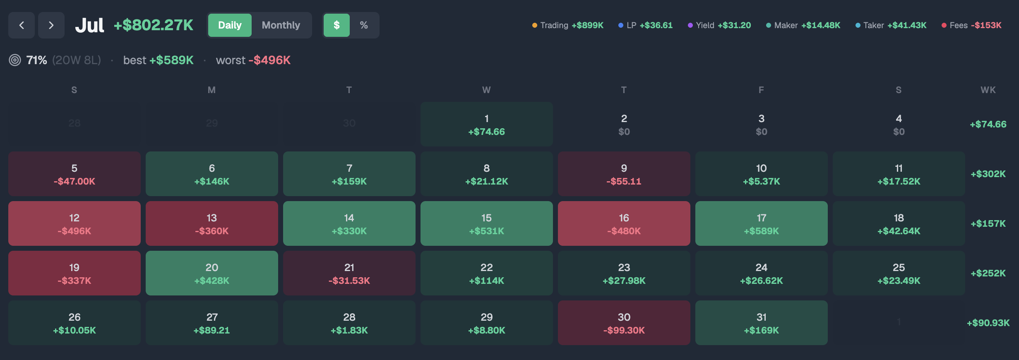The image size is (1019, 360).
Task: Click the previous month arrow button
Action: point(22,25)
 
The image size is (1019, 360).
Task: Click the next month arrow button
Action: point(51,25)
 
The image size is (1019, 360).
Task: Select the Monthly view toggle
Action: point(281,25)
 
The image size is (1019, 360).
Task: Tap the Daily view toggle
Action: point(230,25)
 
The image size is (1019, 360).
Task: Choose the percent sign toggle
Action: point(364,25)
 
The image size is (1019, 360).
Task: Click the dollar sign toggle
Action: point(336,25)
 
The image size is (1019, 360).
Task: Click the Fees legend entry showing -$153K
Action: point(971,25)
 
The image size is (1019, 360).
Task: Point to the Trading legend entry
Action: point(568,25)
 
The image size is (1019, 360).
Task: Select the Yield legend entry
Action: point(719,25)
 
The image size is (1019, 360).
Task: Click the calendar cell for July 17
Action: point(762,223)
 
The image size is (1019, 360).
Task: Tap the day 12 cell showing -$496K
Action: point(75,223)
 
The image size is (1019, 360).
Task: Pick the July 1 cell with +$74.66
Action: point(487,124)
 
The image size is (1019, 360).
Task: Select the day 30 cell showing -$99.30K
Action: point(624,323)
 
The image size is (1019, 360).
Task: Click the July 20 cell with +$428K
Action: point(212,273)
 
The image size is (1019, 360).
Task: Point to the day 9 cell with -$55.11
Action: point(624,174)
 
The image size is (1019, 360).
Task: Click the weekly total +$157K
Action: point(988,223)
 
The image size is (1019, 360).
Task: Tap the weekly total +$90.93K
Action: point(988,323)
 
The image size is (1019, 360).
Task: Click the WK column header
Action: point(988,90)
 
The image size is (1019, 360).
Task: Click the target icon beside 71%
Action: point(15,60)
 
